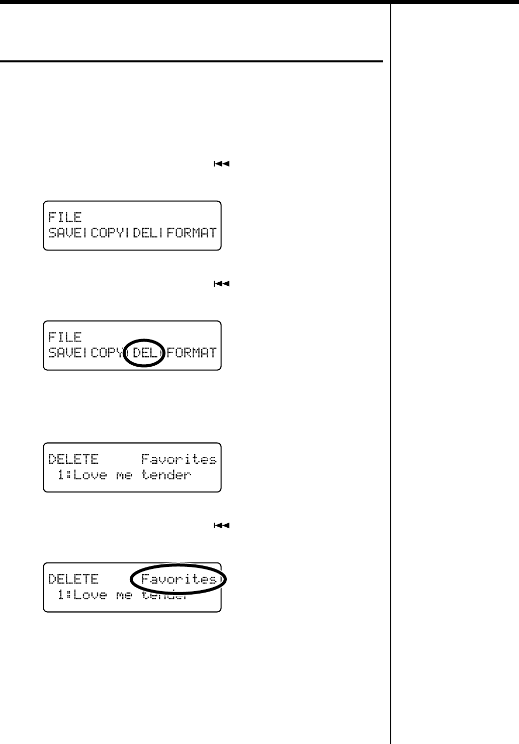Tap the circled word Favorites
coord(179,579)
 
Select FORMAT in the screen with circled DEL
coord(192,352)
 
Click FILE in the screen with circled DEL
coord(65,337)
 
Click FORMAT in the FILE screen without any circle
coord(192,233)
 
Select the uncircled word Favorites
coord(179,459)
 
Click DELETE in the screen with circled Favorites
coord(73,579)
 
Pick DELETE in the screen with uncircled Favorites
coord(73,459)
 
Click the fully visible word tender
coord(166,474)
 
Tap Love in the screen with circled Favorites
coord(91,595)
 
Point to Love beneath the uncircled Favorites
coord(91,474)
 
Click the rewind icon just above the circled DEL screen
coord(221,284)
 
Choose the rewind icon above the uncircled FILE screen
coord(221,164)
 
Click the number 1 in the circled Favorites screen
coord(61,595)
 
